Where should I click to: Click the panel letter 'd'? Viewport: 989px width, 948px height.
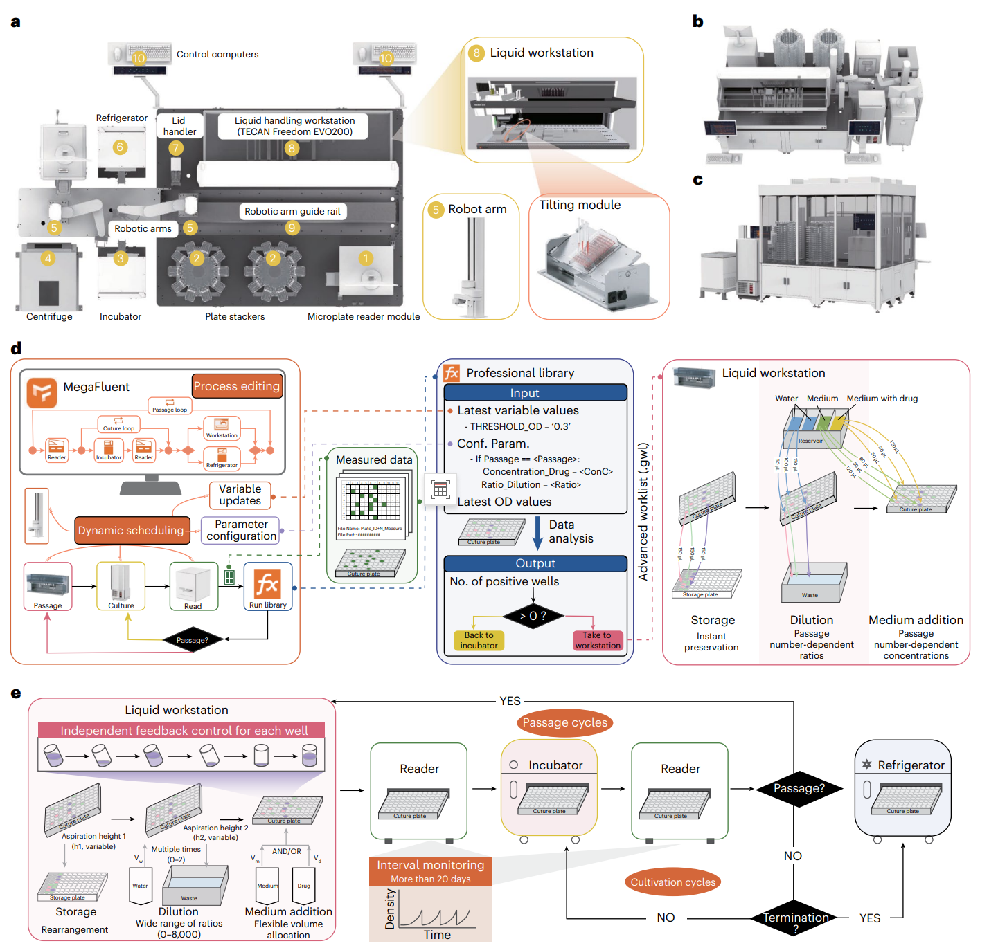tap(16, 348)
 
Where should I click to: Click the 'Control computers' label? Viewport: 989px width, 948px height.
tap(217, 55)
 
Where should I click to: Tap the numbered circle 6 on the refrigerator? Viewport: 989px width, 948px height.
tap(120, 147)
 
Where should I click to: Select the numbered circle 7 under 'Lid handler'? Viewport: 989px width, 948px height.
tap(176, 147)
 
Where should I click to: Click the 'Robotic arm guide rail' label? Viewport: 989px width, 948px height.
tap(292, 211)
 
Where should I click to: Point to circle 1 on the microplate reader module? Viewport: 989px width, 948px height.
tap(366, 258)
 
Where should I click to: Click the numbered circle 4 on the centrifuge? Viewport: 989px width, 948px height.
tap(48, 259)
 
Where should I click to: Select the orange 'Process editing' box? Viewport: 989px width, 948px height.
tap(237, 386)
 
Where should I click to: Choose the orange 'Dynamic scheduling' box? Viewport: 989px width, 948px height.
tap(132, 531)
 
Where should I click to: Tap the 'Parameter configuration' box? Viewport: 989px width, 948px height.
tap(241, 530)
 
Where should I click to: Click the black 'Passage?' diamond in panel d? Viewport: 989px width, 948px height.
tap(192, 640)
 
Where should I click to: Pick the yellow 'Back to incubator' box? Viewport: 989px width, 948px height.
tap(479, 640)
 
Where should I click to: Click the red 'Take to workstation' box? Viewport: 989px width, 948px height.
tap(598, 640)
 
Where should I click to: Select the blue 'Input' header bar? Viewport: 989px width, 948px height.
tap(535, 393)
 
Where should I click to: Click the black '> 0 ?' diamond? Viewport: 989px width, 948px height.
tap(533, 615)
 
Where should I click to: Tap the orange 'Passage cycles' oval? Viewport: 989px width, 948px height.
tap(564, 722)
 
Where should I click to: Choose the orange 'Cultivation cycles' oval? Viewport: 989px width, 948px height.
tap(672, 882)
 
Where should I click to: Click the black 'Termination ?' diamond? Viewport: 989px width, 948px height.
tap(795, 918)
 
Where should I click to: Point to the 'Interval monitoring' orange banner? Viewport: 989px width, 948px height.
tap(431, 871)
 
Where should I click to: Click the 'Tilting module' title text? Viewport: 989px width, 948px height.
tap(580, 205)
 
